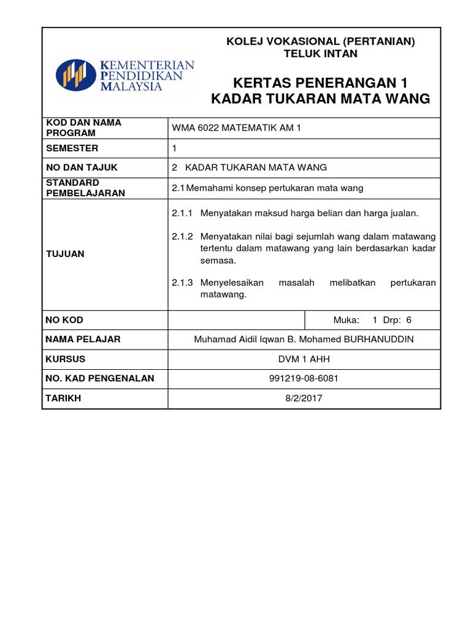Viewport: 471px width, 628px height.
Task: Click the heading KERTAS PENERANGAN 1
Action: (x=321, y=83)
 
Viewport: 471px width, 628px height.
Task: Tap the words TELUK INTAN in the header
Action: (x=321, y=53)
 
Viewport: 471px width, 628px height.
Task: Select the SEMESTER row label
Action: (x=72, y=148)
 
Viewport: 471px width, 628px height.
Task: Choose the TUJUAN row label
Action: (x=66, y=254)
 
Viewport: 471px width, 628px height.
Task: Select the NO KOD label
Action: (x=65, y=320)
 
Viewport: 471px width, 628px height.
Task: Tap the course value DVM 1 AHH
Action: (x=304, y=359)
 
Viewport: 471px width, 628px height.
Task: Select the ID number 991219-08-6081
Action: (x=304, y=378)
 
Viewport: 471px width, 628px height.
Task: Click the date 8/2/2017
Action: (x=304, y=398)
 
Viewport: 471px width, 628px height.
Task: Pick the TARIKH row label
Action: (x=64, y=398)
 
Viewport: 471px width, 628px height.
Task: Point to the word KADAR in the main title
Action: (x=237, y=99)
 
